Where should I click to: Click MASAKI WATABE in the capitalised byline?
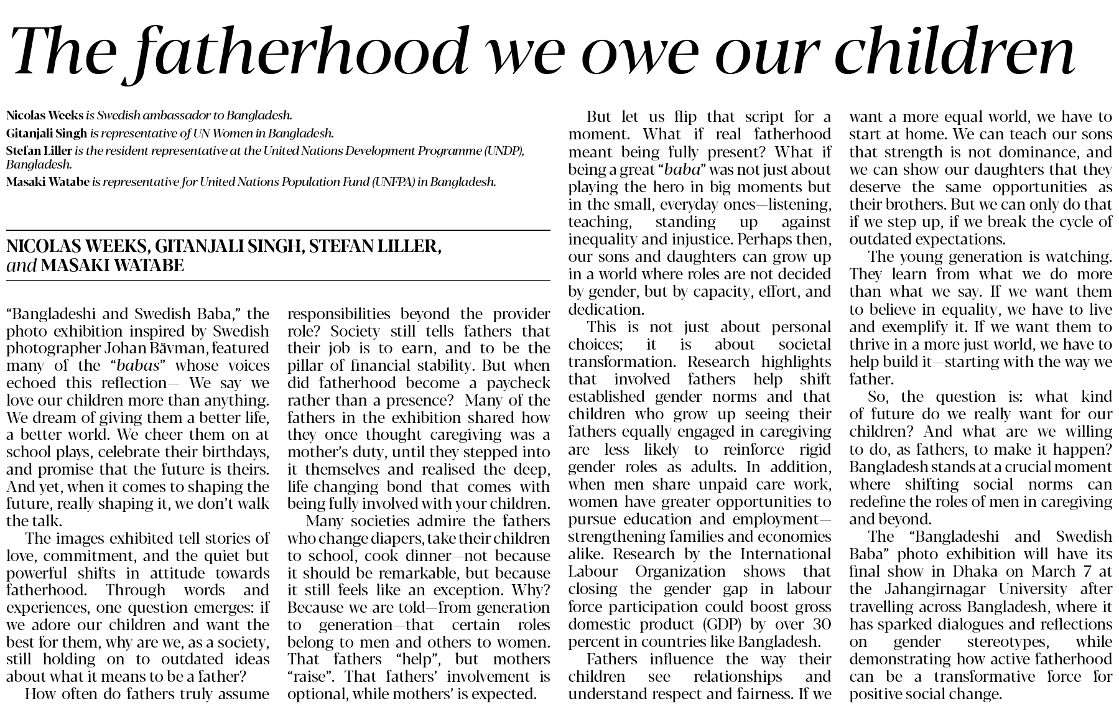113,266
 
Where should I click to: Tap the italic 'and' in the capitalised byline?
21,266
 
